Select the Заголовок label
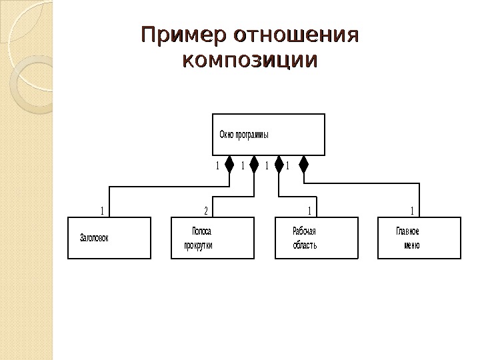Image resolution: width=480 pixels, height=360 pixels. coord(94,237)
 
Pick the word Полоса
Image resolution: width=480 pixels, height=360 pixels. coord(201,232)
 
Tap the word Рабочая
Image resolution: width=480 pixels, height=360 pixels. coord(304,232)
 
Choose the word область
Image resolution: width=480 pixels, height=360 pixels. coord(305,245)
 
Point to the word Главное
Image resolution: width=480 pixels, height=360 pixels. coord(407,232)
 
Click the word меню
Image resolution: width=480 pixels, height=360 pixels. coord(411,245)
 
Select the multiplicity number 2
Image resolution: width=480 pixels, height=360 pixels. coord(206,211)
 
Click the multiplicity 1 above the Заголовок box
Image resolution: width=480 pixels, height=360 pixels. coord(102,211)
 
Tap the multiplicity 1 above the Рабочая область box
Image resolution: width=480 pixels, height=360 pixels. coord(310,211)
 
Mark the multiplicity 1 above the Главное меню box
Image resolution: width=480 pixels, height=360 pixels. coord(413,211)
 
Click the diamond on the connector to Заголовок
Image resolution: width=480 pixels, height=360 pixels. coord(229,164)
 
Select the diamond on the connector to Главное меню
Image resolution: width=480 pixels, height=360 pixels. coord(303,164)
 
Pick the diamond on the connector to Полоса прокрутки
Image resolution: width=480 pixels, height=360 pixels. coord(254,164)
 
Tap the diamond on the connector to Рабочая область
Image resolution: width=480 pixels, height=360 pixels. coord(279,164)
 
